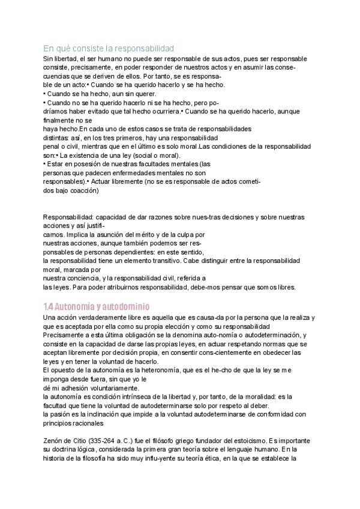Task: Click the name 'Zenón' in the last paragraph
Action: click(54, 439)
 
